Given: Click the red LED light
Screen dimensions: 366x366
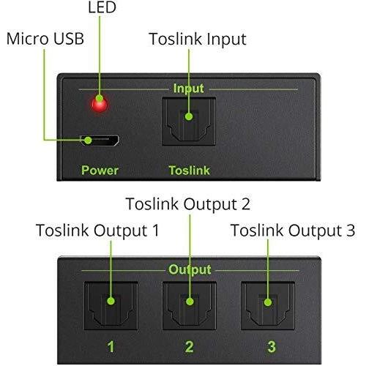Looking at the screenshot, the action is pyautogui.click(x=100, y=104).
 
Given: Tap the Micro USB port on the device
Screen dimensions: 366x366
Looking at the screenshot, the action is pyautogui.click(x=100, y=141).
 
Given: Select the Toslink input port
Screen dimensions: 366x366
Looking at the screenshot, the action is pyautogui.click(x=189, y=122).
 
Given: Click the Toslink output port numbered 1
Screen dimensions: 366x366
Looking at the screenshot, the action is pyautogui.click(x=111, y=306).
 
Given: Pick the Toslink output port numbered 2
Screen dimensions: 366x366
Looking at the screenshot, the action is pyautogui.click(x=190, y=306).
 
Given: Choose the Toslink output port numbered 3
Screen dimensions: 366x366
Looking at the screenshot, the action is pyautogui.click(x=268, y=306).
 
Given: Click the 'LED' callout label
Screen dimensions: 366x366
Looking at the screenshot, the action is pyautogui.click(x=102, y=7).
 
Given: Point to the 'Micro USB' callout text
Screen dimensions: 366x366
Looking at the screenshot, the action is pyautogui.click(x=45, y=39).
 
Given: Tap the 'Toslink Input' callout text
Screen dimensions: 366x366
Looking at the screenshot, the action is pyautogui.click(x=198, y=40).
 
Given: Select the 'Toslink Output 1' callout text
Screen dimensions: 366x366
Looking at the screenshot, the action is pyautogui.click(x=97, y=231).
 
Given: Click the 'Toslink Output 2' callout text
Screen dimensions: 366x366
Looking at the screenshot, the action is pyautogui.click(x=188, y=204).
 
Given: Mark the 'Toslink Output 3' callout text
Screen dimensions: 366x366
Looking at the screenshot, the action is pyautogui.click(x=293, y=231).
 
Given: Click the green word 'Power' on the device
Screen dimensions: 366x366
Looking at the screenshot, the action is pyautogui.click(x=100, y=170).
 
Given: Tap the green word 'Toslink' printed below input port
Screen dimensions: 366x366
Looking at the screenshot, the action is pyautogui.click(x=190, y=170).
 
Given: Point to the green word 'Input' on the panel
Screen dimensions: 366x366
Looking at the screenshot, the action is pyautogui.click(x=189, y=89).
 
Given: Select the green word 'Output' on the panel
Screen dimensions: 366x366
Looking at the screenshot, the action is pyautogui.click(x=190, y=269).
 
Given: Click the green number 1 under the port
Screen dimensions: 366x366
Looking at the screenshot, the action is pyautogui.click(x=111, y=346).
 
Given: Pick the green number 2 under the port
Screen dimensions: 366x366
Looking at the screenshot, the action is pyautogui.click(x=190, y=346).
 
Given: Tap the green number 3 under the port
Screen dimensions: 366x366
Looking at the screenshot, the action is pyautogui.click(x=271, y=346).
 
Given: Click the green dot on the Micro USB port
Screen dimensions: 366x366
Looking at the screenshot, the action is pyautogui.click(x=88, y=141).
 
